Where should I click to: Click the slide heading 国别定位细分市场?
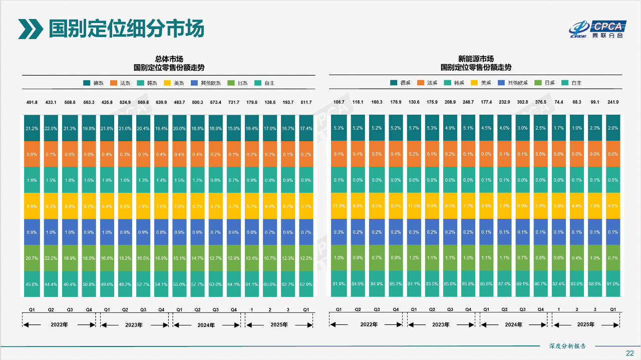click(x=126, y=29)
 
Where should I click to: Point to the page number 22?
click(x=630, y=353)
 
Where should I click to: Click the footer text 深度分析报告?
click(x=567, y=346)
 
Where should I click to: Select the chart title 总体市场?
click(x=168, y=59)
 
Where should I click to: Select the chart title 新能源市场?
click(x=476, y=59)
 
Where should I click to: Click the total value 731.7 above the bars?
click(x=234, y=103)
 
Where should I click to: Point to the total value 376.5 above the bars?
click(x=541, y=103)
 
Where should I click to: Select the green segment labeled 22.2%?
click(x=51, y=258)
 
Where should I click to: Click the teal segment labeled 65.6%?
click(x=270, y=284)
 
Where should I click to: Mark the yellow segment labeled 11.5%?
click(x=414, y=206)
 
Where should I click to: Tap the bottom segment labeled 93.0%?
click(x=577, y=284)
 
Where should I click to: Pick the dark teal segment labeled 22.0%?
click(x=51, y=128)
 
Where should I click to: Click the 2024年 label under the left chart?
click(x=205, y=325)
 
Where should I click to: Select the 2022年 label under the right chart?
click(x=369, y=324)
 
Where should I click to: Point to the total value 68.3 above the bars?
click(x=577, y=103)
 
